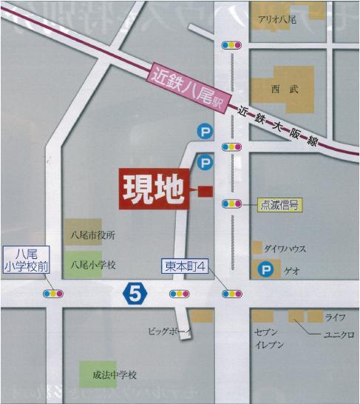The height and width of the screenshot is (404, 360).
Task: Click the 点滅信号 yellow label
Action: [279, 206]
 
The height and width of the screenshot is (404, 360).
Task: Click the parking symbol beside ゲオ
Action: [264, 271]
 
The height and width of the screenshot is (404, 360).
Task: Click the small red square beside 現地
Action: [205, 191]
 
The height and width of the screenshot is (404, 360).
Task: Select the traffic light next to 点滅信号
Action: [232, 204]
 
